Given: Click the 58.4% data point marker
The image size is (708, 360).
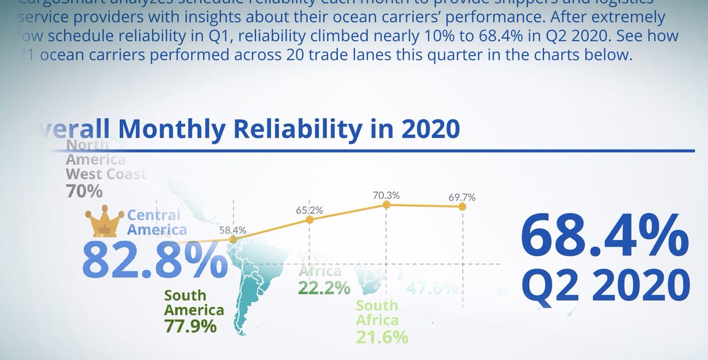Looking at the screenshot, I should pos(233,240).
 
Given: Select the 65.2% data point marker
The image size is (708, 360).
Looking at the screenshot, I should pos(310,220).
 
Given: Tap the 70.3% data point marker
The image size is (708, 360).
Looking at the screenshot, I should pos(386,205).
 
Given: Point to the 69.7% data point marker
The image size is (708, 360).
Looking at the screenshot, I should pos(462,207).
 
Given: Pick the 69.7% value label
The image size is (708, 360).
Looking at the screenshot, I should pos(462,197).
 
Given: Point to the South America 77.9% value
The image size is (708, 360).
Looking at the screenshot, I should pos(191,326).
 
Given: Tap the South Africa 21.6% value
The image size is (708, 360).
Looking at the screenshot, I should pos(382,337).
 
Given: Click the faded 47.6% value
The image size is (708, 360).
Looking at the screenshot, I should pos(433,288).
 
